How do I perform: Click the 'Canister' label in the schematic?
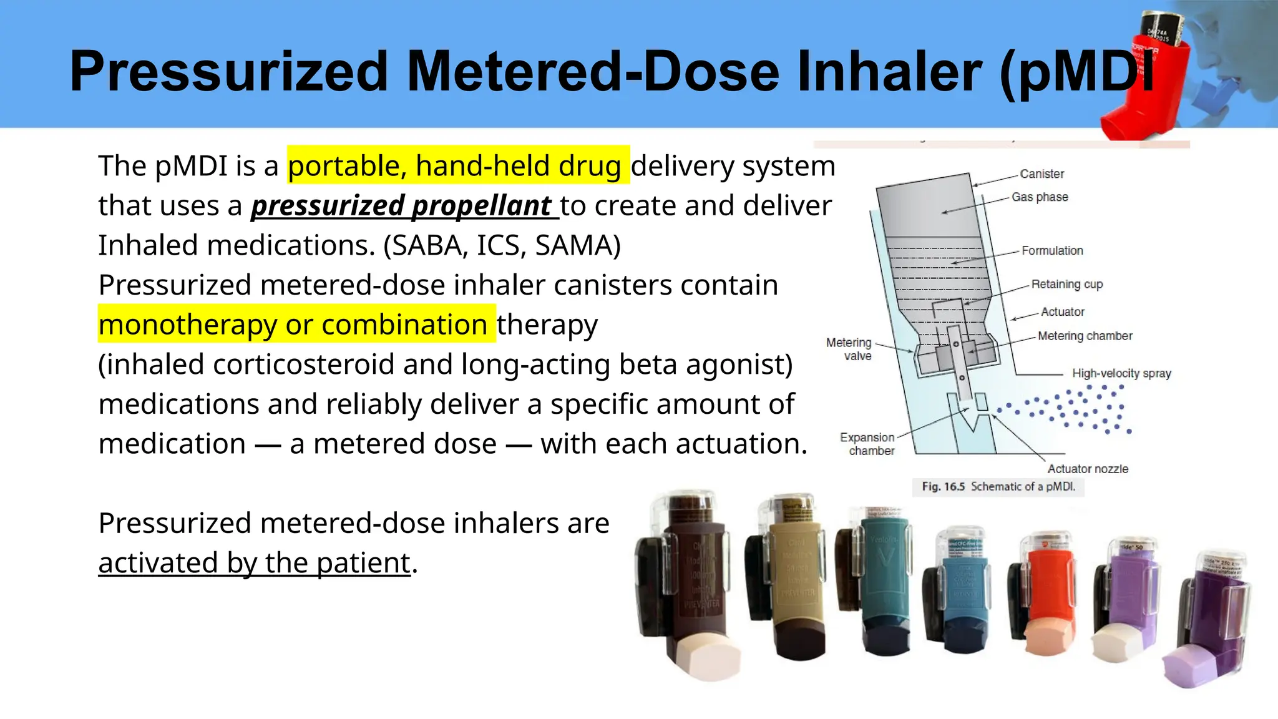click(x=1041, y=174)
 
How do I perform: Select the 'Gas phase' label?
click(x=1040, y=197)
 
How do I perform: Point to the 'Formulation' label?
click(x=1052, y=251)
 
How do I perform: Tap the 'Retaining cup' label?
click(x=1066, y=285)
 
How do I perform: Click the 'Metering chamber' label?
click(x=1085, y=336)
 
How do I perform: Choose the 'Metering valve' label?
click(x=849, y=350)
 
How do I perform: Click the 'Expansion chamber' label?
click(x=868, y=444)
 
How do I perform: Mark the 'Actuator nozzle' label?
click(x=1088, y=469)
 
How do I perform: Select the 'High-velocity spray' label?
click(x=1121, y=373)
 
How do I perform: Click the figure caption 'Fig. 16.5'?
click(x=943, y=487)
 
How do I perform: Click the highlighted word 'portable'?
click(x=344, y=166)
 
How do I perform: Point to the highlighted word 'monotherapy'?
click(x=187, y=325)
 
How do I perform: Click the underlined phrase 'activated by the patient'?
click(x=255, y=563)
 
